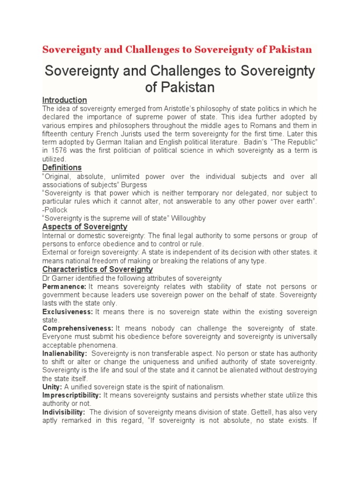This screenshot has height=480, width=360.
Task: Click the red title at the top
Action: tap(177, 50)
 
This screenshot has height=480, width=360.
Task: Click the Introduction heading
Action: tap(64, 100)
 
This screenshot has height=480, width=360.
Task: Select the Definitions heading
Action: tap(62, 167)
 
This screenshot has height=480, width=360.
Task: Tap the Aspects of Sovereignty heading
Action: tap(85, 226)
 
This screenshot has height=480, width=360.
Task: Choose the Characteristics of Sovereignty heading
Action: tap(97, 269)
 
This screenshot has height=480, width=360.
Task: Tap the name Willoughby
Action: tap(188, 218)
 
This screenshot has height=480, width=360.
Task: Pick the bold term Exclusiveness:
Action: tap(67, 312)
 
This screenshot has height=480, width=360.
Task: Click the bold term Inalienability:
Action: tap(65, 353)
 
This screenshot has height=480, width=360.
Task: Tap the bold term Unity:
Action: tap(52, 387)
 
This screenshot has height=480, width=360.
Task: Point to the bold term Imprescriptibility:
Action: tap(71, 395)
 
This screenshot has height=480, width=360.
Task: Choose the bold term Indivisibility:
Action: tap(64, 412)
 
